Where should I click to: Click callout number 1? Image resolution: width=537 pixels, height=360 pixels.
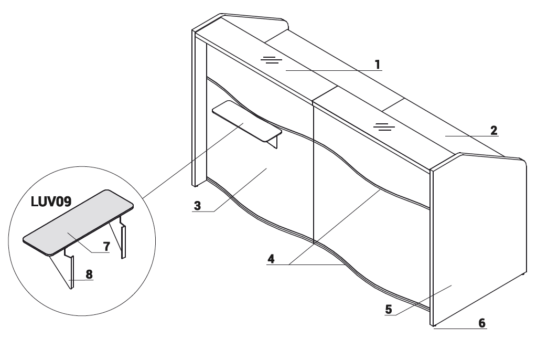[x=378, y=65]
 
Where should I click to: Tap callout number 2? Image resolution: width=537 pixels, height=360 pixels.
[x=493, y=130]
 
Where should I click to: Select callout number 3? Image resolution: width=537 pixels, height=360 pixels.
[x=197, y=206]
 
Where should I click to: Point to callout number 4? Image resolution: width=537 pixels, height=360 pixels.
[x=271, y=259]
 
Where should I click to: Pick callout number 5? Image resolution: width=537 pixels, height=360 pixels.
[x=389, y=309]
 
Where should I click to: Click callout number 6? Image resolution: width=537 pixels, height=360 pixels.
[x=482, y=323]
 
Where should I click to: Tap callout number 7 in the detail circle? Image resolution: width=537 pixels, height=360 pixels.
[x=106, y=246]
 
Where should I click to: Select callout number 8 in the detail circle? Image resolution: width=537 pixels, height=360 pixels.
[x=89, y=274]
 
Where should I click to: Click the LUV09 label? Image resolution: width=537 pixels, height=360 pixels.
[x=51, y=202]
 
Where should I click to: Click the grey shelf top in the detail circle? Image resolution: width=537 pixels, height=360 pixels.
[x=78, y=223]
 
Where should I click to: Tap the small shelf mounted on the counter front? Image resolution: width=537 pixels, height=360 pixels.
[x=247, y=121]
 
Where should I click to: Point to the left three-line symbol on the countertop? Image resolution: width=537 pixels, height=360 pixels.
[x=271, y=60]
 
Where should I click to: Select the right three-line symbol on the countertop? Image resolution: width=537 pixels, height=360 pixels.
[x=384, y=127]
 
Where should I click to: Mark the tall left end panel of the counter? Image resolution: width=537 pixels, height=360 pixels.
[x=199, y=108]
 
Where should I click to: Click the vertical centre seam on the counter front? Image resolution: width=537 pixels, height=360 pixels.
[x=314, y=172]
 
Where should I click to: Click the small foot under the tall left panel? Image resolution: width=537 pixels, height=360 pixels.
[x=196, y=186]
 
